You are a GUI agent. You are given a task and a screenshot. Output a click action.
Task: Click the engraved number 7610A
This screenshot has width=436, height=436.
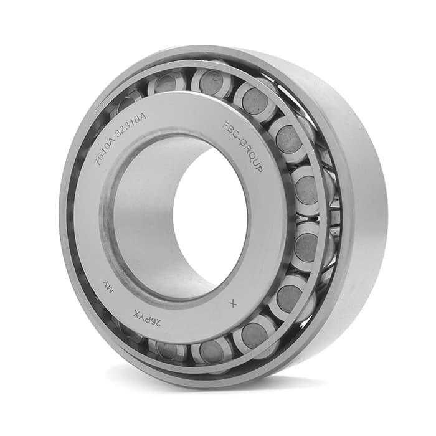point(104,149)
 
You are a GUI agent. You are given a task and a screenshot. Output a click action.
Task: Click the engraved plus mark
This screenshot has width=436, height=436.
point(233,304)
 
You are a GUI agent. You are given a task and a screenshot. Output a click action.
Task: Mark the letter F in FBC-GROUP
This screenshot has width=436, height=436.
point(225,125)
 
